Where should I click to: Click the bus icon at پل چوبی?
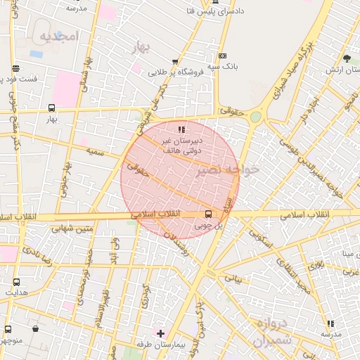[x=208, y=214]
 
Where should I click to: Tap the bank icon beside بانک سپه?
[x=222, y=56]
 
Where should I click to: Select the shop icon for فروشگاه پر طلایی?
[x=174, y=62]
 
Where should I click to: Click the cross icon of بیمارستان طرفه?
[x=160, y=333]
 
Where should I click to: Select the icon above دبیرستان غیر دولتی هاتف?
[x=181, y=129]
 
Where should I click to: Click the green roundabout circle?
[x=256, y=117]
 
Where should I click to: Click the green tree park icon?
[x=347, y=58]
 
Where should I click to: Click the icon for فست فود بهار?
[x=15, y=68]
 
